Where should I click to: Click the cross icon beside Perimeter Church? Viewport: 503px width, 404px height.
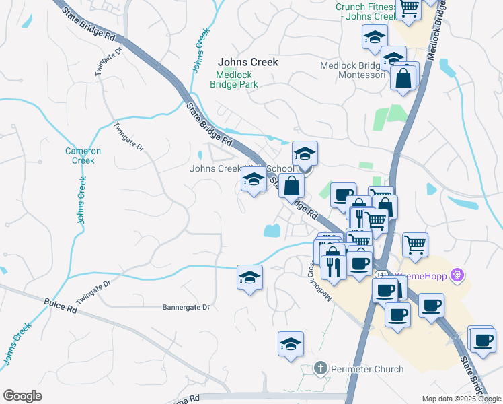(x=321, y=368)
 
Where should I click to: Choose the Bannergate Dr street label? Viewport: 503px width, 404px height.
(x=186, y=307)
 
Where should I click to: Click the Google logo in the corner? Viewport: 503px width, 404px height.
(x=22, y=396)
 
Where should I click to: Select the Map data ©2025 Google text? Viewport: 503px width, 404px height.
(x=462, y=399)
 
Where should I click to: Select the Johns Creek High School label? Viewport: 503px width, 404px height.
(x=242, y=169)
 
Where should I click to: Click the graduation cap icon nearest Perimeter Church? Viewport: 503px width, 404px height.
(x=291, y=343)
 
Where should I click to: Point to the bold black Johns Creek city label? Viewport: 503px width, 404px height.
(x=247, y=62)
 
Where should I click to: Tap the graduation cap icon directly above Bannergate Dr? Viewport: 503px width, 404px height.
(x=249, y=277)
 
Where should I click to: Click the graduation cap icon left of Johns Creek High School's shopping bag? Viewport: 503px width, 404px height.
(x=254, y=180)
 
